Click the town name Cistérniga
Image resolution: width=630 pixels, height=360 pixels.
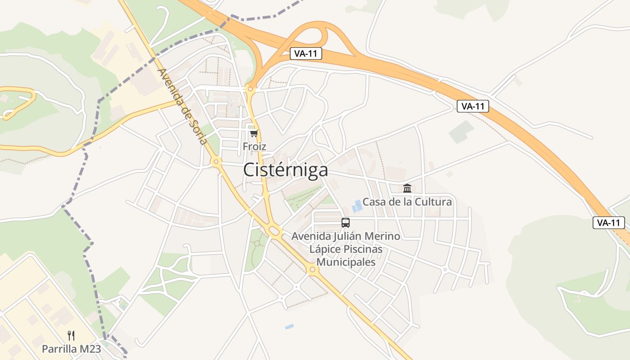pos(285,171)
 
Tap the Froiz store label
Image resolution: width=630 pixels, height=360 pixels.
pos(254,147)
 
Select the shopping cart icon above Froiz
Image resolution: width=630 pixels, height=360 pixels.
pos(254,133)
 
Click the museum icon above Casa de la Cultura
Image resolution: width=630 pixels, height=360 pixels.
pos(407,188)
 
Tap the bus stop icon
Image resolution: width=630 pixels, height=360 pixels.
pos(346,222)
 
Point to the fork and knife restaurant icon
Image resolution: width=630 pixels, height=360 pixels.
pos(71,335)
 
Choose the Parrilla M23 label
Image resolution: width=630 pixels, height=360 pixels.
pos(71,349)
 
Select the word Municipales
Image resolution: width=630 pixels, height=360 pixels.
pos(346,262)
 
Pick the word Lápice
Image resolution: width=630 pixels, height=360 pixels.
pos(324,249)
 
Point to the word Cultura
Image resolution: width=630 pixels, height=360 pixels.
pos(433,202)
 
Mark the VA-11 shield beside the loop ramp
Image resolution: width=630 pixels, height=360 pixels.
pos(306,54)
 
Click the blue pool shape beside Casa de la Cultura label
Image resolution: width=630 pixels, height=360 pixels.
pos(357,206)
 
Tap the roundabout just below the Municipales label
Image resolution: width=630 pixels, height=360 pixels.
pos(312,270)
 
